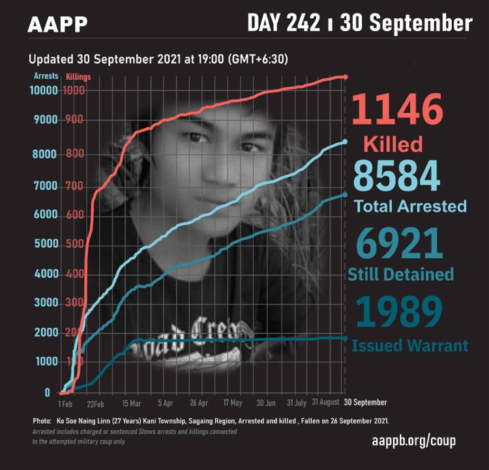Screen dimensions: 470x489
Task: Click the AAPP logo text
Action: click(x=57, y=25)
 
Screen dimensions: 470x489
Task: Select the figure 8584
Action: click(x=396, y=176)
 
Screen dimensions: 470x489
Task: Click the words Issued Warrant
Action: click(x=409, y=345)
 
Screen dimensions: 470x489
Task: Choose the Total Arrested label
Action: click(x=410, y=206)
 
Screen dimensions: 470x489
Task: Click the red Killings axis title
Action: click(x=78, y=76)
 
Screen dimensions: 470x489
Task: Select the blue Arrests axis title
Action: click(x=46, y=76)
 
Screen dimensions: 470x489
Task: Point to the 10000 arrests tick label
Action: click(x=44, y=91)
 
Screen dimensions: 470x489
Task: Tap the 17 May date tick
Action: click(x=233, y=403)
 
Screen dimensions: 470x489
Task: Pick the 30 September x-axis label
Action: click(x=365, y=402)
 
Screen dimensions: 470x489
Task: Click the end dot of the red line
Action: click(x=346, y=76)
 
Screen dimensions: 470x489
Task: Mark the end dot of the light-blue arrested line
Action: click(x=345, y=141)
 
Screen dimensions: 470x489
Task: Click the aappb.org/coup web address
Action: click(x=413, y=441)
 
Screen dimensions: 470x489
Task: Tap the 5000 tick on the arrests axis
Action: click(x=46, y=244)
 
